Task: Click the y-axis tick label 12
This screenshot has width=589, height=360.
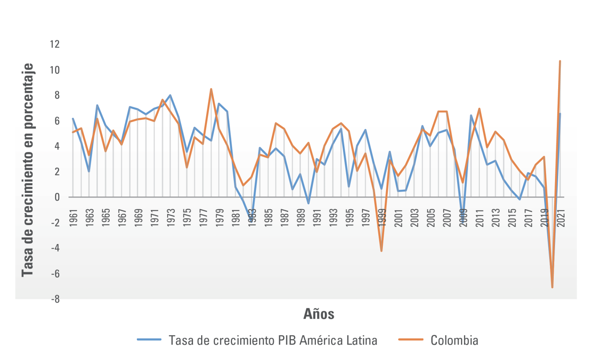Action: [55, 44]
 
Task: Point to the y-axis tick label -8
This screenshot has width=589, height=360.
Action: [54, 299]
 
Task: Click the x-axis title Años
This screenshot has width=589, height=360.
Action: [319, 313]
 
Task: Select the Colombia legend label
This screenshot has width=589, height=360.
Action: [454, 340]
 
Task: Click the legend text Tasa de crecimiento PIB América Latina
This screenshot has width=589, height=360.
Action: [273, 340]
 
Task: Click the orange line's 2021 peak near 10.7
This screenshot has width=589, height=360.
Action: [560, 61]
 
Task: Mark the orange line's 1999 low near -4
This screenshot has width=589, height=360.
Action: [381, 251]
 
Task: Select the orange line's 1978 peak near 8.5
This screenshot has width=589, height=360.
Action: [211, 89]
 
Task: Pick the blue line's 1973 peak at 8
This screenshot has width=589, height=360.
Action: [170, 95]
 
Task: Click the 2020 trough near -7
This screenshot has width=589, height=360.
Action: [552, 287]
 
